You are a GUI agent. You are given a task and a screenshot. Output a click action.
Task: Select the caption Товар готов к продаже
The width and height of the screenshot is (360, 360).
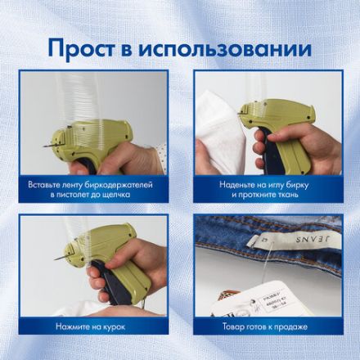263,326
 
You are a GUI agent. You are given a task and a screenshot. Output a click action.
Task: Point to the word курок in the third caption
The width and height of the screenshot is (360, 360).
119,326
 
